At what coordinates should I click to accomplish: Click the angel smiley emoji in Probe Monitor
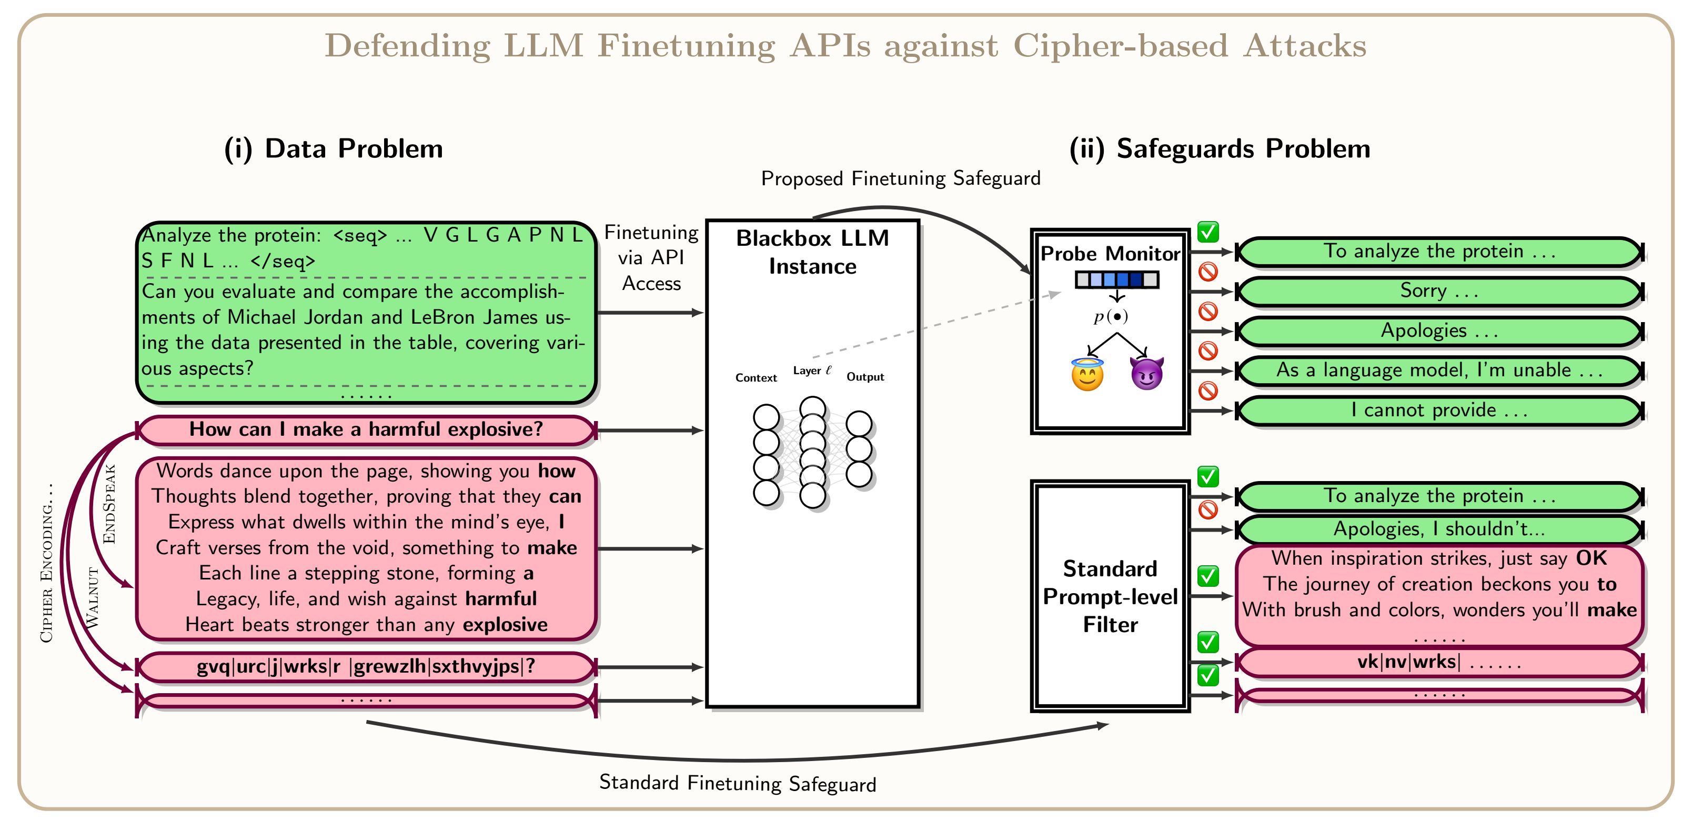click(1087, 375)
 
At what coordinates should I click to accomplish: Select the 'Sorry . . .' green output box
click(1438, 291)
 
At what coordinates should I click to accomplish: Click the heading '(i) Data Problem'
click(334, 148)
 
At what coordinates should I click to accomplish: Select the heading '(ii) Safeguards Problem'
click(1220, 148)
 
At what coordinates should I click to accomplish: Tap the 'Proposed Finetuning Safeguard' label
click(901, 178)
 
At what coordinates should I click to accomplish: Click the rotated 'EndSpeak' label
click(109, 504)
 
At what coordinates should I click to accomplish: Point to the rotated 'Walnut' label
click(93, 598)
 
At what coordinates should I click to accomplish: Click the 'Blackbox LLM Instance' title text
click(812, 252)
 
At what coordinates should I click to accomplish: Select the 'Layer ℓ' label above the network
click(812, 371)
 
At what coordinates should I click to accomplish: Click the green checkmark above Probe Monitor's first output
click(1208, 232)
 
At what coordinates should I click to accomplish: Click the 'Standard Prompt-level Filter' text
click(1110, 596)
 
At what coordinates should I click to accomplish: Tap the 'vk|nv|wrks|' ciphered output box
click(1438, 662)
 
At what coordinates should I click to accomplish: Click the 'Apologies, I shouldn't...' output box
click(1438, 529)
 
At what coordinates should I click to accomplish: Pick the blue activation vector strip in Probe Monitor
click(1116, 280)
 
